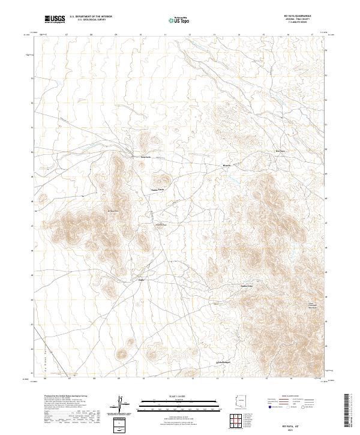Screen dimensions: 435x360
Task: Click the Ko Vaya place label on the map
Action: (x=280, y=151)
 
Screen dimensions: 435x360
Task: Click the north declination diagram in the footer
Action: (x=120, y=403)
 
